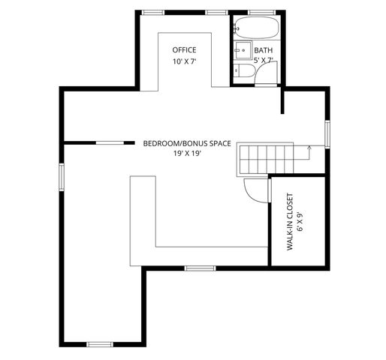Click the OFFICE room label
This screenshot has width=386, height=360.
[x=184, y=50]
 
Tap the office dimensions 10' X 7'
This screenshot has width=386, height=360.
[x=184, y=61]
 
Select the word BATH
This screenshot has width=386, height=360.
[x=264, y=50]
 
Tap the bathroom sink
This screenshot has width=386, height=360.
[x=242, y=50]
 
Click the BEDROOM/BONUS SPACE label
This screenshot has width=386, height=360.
[x=187, y=142]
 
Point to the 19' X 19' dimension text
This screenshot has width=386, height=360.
[x=187, y=153]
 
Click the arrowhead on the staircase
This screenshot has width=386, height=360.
[x=309, y=149]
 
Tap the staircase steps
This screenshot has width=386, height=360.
[x=267, y=160]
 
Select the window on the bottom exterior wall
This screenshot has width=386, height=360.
[x=99, y=343]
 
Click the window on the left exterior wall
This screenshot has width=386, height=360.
[x=62, y=178]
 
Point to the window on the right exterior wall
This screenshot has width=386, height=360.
[x=327, y=133]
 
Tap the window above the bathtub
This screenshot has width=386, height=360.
[x=261, y=13]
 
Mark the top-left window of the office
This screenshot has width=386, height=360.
[x=154, y=13]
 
